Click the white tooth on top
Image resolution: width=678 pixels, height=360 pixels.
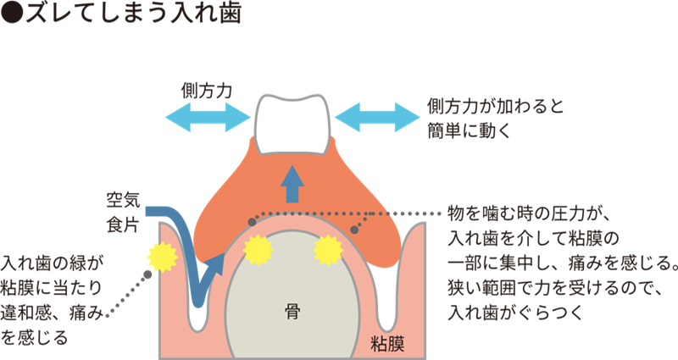pos(292,125)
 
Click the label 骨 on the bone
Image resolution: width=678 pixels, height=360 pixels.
pos(292,311)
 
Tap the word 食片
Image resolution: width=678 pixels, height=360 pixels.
pos(121,224)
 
